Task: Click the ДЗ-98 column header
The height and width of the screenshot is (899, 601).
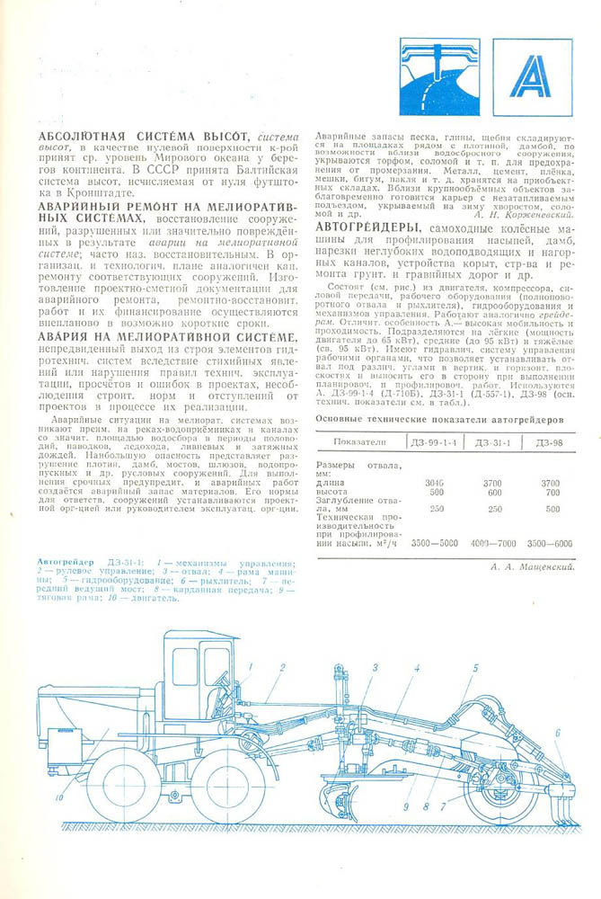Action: tap(552, 442)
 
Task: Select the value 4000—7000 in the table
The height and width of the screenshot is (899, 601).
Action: tap(492, 544)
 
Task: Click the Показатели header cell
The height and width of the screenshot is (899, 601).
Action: tap(359, 442)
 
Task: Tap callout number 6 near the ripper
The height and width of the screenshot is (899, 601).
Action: tap(557, 733)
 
